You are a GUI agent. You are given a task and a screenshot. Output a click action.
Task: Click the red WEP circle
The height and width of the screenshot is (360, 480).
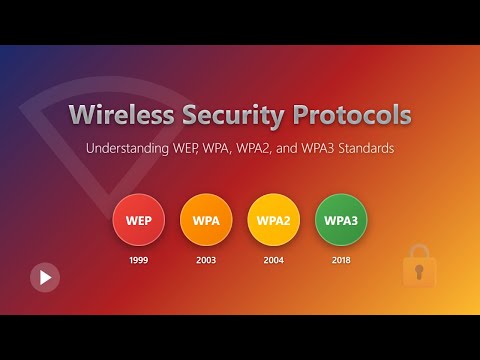(x=138, y=218)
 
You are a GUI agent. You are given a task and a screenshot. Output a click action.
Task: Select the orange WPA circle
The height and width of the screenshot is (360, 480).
(x=206, y=218)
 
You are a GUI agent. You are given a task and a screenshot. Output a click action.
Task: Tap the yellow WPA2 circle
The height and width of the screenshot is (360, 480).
(x=273, y=218)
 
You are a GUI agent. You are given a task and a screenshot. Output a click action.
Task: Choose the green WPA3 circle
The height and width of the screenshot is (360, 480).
(x=341, y=218)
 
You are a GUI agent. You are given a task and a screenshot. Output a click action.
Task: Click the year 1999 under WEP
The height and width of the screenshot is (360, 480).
(x=138, y=259)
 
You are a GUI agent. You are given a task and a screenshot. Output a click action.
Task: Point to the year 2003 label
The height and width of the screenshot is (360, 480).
(x=206, y=259)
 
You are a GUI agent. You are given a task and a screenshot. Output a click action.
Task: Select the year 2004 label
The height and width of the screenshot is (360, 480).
(x=273, y=259)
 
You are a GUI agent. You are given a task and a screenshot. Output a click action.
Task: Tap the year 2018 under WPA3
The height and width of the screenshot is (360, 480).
(x=341, y=259)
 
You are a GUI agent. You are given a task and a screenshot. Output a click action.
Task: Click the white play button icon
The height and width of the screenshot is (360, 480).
(x=44, y=276)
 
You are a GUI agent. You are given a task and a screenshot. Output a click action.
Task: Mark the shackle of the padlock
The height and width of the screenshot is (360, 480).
(x=420, y=252)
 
